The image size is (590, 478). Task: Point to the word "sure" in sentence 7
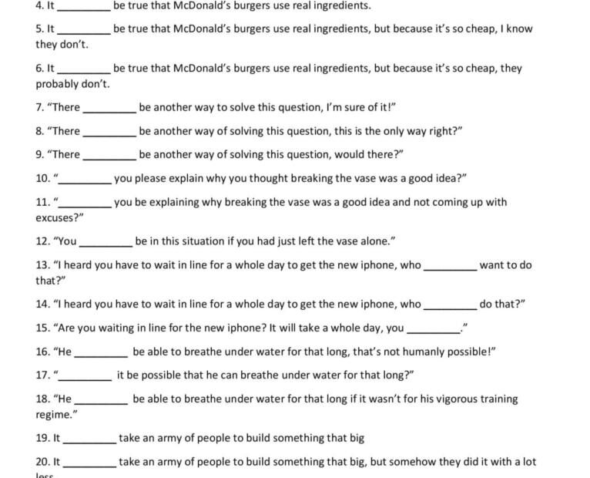pos(344,107)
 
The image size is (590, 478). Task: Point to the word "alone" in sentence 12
pos(374,241)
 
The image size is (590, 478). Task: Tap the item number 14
pos(43,304)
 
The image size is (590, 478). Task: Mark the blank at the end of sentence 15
pos(432,331)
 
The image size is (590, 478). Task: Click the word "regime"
pos(55,415)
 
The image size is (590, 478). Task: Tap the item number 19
pos(43,438)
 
